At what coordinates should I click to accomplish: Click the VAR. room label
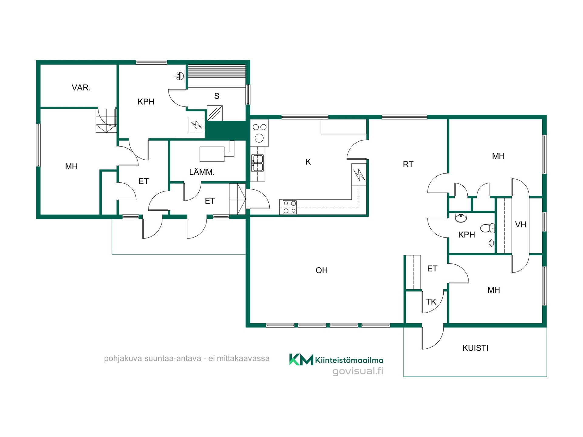coord(81,88)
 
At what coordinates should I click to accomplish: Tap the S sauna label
coord(217,96)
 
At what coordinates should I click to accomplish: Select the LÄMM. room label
coord(202,172)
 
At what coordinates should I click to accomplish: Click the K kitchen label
coord(308,162)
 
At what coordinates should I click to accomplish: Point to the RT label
coord(408,164)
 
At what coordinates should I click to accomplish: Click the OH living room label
coord(322,270)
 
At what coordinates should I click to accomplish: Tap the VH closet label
coord(521,225)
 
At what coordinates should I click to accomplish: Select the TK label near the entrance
coord(431,302)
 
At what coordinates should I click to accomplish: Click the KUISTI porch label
coord(476,348)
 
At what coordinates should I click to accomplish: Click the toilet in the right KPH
coord(488,228)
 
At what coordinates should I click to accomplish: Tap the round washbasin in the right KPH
coord(461,218)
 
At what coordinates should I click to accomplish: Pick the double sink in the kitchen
coord(257,163)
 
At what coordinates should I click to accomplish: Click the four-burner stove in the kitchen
coord(289,207)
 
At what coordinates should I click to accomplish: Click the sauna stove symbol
coord(215,113)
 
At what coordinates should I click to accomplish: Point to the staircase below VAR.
coord(106,120)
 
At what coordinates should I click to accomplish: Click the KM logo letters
coord(301,360)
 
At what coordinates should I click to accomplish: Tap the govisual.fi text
coord(358,371)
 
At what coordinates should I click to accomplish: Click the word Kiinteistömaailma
coord(349,360)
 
